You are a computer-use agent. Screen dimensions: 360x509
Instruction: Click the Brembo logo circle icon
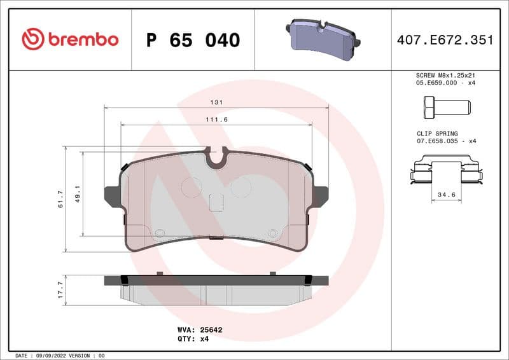(x=33, y=39)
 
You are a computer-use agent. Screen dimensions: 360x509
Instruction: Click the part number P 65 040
(x=193, y=40)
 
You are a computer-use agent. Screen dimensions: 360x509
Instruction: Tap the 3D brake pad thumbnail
(x=322, y=39)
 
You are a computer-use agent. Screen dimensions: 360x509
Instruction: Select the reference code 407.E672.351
(x=445, y=40)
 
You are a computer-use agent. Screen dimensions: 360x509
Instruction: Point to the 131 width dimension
(x=216, y=102)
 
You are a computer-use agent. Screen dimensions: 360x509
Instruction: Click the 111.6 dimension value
(x=216, y=120)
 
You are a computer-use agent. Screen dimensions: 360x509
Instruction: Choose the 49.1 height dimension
(x=78, y=194)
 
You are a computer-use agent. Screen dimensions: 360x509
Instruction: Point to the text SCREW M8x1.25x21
(x=445, y=75)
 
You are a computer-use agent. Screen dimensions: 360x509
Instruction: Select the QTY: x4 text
(x=193, y=339)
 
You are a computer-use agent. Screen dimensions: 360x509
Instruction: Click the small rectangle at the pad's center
(x=216, y=202)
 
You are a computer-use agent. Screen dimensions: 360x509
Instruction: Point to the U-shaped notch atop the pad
(x=216, y=158)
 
